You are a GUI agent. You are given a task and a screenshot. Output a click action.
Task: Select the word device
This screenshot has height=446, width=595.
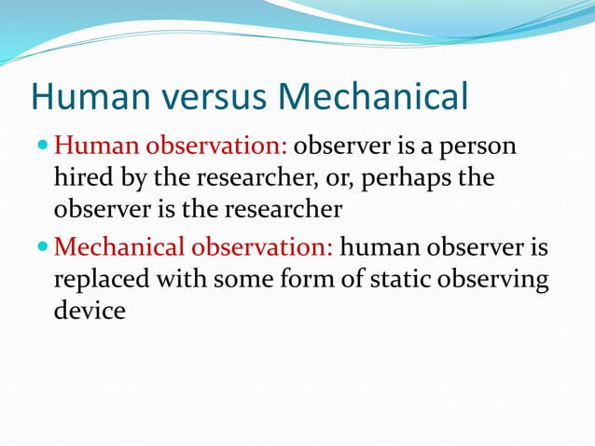point(89,310)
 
